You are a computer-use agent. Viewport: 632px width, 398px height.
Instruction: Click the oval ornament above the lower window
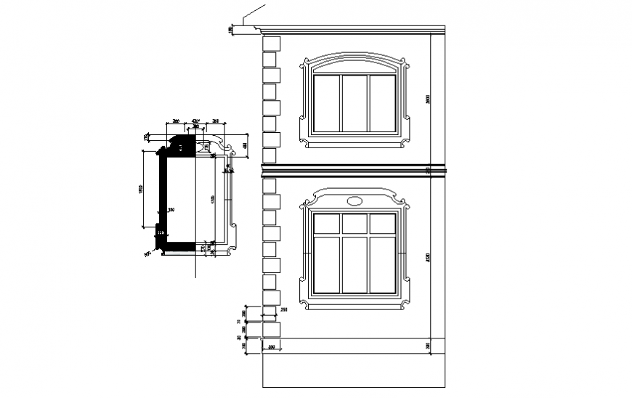pos(355,200)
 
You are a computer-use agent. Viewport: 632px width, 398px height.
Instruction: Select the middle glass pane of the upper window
pos(355,103)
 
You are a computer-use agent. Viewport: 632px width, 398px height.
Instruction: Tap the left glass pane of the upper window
pos(327,103)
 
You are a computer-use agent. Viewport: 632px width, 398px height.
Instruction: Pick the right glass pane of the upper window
pos(383,103)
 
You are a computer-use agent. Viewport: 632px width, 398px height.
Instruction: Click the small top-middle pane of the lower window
pos(355,224)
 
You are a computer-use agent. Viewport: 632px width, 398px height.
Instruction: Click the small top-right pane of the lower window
pos(383,224)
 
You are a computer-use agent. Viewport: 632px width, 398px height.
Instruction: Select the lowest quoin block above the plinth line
pos(270,330)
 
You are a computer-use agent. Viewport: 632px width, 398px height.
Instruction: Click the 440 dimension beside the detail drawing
pos(246,146)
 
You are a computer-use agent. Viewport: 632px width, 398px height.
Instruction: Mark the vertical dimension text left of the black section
pos(140,189)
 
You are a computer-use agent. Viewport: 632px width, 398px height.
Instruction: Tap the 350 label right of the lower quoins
pos(284,311)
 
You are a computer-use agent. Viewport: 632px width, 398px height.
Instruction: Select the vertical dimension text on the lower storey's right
pos(428,258)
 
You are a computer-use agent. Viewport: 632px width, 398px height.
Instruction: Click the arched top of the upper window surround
pos(355,56)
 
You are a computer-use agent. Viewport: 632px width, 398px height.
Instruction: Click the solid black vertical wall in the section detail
pos(164,192)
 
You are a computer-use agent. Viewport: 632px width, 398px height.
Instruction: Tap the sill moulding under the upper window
pos(355,142)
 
